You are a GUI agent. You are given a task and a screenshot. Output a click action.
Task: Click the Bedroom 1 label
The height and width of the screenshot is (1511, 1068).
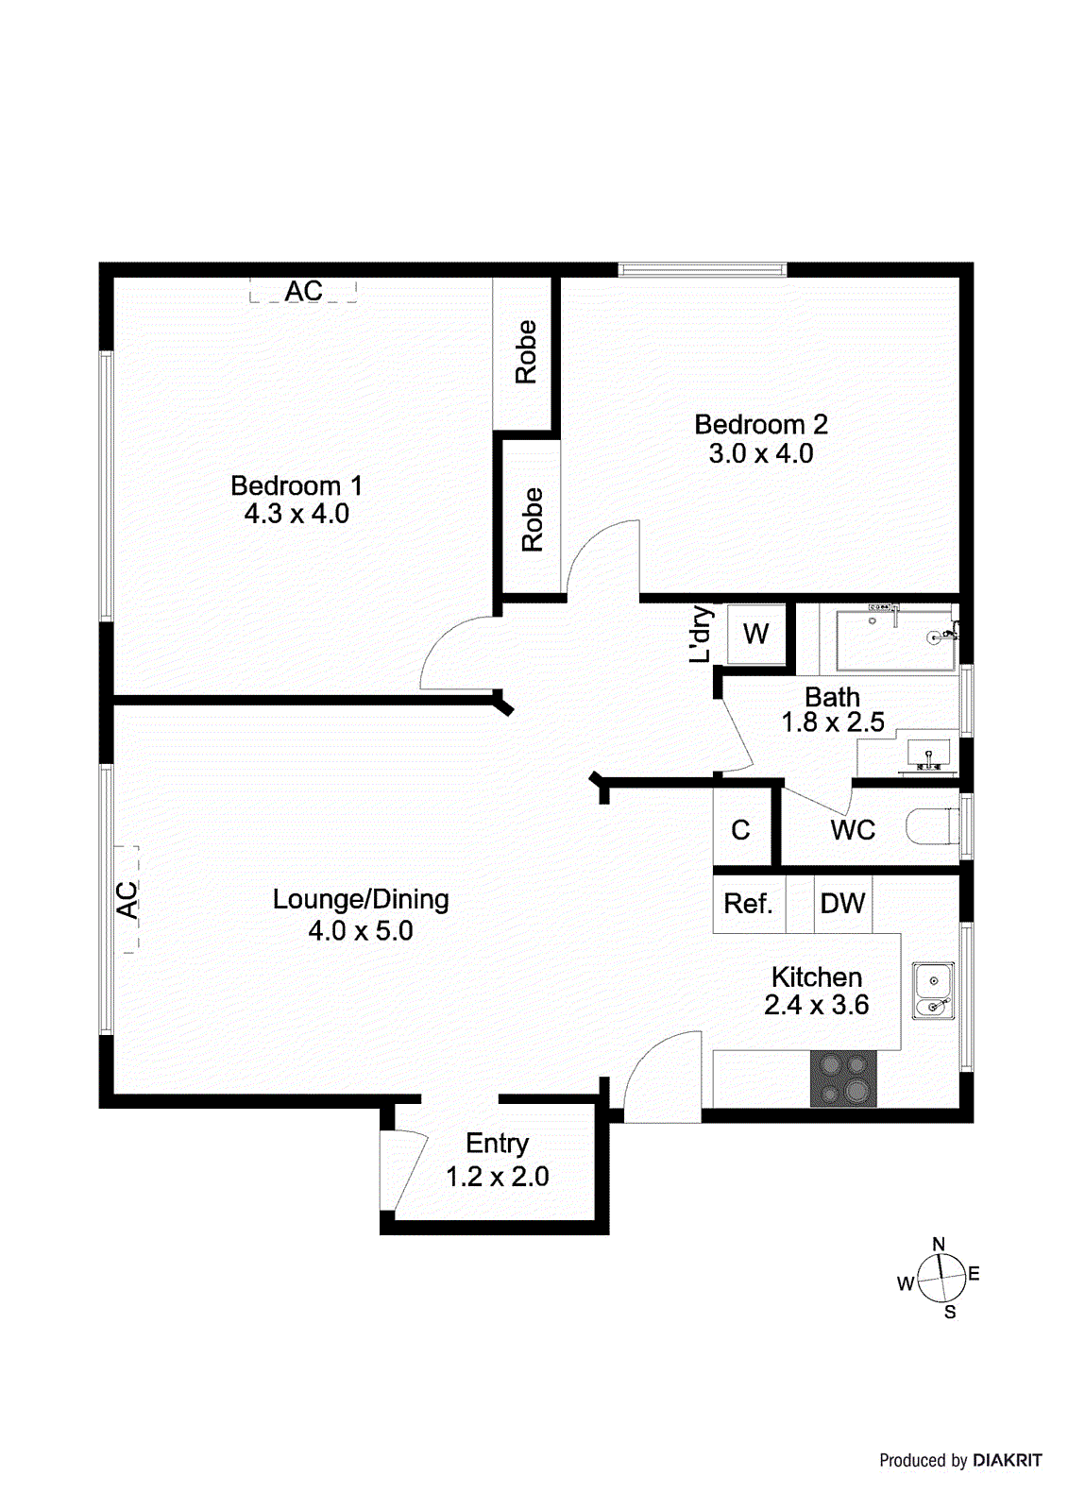tap(296, 486)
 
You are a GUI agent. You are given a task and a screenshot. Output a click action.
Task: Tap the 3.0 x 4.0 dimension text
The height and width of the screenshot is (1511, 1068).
tap(760, 454)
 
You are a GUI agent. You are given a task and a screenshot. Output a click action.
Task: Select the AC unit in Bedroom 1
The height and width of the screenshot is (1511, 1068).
tap(303, 291)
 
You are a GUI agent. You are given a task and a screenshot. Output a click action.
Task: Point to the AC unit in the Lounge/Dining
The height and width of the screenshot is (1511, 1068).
tap(127, 899)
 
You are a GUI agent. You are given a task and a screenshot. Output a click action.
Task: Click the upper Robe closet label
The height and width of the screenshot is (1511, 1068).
tap(526, 352)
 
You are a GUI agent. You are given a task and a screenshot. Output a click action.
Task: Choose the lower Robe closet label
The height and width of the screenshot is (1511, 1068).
tap(533, 519)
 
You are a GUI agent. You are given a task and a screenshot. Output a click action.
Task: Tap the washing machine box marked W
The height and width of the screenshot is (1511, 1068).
tap(755, 634)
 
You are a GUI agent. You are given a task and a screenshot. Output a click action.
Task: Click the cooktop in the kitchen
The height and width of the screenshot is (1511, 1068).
tap(843, 1078)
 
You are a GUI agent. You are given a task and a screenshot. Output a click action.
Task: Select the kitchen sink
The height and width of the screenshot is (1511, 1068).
tap(933, 991)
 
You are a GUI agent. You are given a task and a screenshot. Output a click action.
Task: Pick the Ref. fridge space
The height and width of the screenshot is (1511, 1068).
tap(748, 905)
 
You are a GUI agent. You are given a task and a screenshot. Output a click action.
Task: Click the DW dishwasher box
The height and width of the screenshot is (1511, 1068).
tap(842, 905)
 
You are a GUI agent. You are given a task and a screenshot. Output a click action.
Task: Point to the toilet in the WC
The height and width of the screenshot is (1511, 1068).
tap(931, 827)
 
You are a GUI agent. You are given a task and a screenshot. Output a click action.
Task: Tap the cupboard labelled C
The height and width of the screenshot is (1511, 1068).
tap(740, 831)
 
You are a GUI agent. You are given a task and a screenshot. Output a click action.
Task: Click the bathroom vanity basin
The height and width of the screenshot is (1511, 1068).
tap(929, 754)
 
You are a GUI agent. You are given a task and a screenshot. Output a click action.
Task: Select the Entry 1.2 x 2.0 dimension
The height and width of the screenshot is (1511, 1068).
tap(497, 1177)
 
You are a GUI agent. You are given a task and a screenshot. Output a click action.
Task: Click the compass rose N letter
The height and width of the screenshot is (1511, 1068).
tap(939, 1245)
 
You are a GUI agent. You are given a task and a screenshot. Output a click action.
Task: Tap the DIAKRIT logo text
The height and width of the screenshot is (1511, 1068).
tap(1007, 1461)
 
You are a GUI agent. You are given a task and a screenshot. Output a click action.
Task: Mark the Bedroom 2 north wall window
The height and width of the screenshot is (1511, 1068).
tap(702, 270)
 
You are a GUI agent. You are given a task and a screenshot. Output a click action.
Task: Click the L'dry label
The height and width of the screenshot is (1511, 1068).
tap(701, 634)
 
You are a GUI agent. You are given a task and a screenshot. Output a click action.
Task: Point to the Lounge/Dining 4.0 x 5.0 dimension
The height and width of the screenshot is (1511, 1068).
tap(361, 931)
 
